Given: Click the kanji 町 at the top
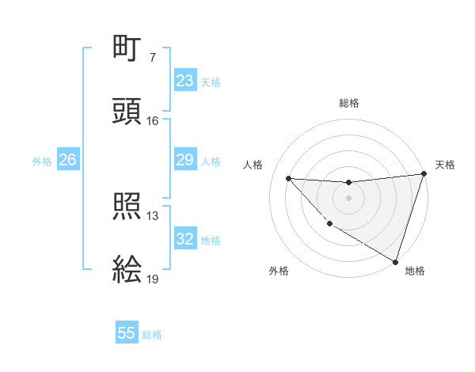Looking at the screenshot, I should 127,49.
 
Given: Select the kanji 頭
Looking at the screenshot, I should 127,112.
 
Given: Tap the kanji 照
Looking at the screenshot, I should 127,207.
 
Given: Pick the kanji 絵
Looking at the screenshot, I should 127,270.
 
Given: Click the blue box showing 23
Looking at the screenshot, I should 184,81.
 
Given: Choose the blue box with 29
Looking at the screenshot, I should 184,160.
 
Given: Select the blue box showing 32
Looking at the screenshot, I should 184,239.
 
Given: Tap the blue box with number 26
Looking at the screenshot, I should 67,160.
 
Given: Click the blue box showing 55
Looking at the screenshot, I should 127,333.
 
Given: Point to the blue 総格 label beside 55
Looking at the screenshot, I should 152,335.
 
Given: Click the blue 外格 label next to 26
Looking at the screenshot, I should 42,161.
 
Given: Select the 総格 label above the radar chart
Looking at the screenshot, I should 348,103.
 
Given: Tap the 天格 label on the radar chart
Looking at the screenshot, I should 445,165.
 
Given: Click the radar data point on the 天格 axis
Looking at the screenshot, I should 424,174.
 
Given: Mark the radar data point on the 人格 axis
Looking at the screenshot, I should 288,178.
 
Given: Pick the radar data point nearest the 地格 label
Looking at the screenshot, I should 395,260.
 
